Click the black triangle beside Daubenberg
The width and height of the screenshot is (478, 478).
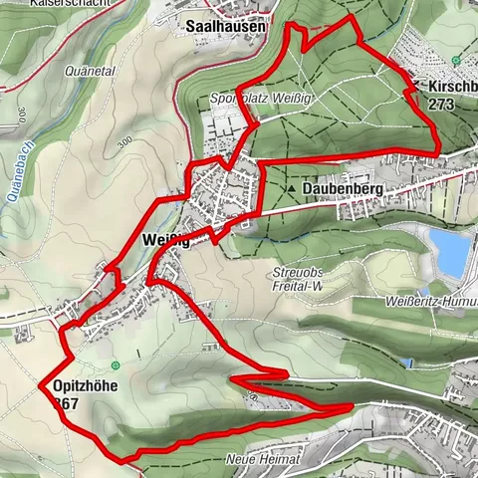[291, 186]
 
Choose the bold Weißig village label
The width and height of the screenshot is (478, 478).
[166, 239]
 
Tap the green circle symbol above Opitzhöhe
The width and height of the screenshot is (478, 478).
[116, 365]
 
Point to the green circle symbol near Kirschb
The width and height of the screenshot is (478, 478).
[455, 60]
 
